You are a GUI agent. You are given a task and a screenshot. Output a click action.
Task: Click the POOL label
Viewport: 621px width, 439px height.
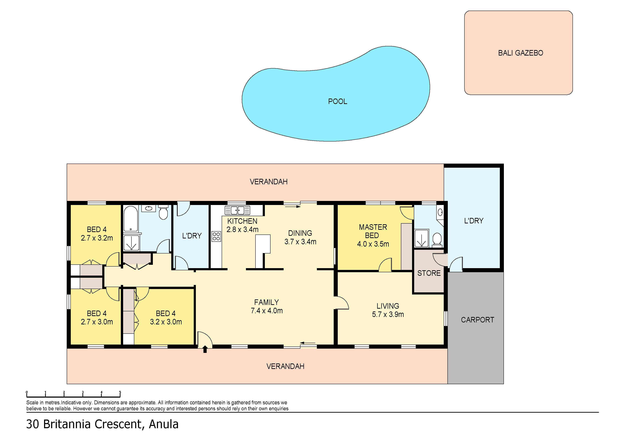(338, 101)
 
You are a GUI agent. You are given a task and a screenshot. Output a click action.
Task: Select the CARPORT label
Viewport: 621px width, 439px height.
(477, 320)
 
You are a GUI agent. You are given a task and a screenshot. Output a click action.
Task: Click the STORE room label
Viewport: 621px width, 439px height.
(429, 273)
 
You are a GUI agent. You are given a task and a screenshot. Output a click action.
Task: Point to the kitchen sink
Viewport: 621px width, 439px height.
(237, 210)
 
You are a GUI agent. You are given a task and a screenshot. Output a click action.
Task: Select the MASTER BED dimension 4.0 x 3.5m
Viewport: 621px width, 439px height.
(373, 244)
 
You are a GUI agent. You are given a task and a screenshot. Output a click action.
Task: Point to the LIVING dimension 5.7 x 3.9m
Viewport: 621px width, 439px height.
(388, 314)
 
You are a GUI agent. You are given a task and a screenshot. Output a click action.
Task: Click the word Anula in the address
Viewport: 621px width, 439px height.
(164, 424)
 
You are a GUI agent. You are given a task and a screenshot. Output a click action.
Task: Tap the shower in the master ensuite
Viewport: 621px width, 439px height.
(422, 238)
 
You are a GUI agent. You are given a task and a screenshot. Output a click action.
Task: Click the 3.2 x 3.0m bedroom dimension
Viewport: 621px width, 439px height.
(166, 322)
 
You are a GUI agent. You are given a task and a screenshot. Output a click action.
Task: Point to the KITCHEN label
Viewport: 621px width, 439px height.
(242, 221)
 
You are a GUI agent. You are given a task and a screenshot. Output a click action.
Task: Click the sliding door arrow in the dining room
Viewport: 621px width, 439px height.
(293, 207)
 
